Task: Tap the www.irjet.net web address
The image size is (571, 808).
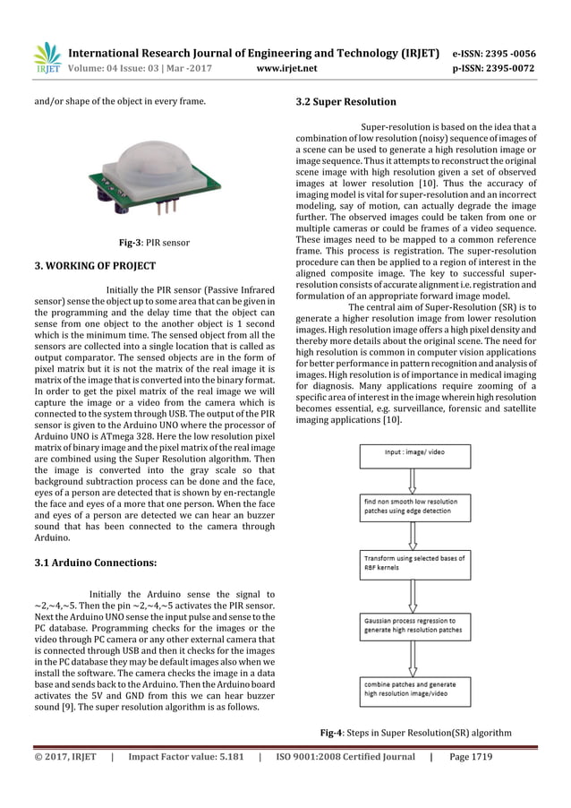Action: [285, 65]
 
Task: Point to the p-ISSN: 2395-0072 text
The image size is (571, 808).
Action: [506, 65]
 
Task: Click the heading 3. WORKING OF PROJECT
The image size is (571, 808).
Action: [82, 266]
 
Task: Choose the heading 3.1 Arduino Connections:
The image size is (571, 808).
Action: [88, 563]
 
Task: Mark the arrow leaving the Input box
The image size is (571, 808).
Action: [412, 478]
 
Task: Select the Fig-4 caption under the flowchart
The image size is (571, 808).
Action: [415, 733]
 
